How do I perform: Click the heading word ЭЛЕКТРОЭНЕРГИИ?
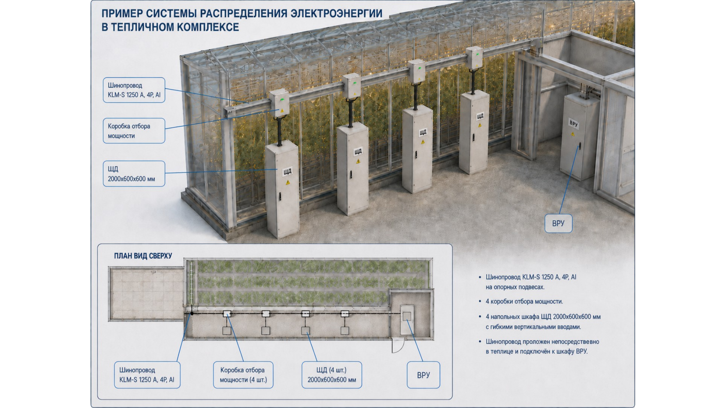point(336,13)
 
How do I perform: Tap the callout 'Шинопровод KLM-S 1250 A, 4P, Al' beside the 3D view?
point(134,90)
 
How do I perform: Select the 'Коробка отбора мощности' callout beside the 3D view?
point(134,131)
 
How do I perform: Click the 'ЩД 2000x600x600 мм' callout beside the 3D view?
point(134,174)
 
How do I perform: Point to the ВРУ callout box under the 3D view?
point(558,223)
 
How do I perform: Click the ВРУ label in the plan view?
point(424,375)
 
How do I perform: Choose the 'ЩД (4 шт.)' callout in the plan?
point(332,375)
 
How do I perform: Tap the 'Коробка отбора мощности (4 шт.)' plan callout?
point(243,375)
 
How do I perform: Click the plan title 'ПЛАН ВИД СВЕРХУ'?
point(143,256)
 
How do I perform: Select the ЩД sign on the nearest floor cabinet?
point(287,172)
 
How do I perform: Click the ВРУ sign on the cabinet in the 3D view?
point(574,123)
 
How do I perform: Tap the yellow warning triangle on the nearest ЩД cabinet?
point(288,183)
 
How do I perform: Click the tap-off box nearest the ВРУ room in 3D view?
point(474,58)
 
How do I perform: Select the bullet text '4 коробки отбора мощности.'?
point(524,302)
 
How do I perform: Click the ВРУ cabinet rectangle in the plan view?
point(407,320)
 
